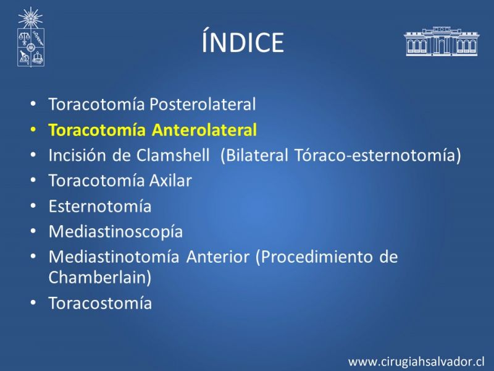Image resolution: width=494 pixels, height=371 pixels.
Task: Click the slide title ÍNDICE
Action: pos(243,41)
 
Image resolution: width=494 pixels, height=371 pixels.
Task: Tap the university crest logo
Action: pos(30,37)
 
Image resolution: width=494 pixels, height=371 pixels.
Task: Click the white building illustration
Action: pos(442,41)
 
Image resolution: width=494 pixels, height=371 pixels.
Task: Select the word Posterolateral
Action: pos(203,104)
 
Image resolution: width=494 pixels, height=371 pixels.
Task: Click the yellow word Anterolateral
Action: pos(204,130)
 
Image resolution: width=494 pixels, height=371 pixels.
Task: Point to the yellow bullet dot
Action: pos(33,130)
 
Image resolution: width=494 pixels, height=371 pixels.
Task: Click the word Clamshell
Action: pos(173,155)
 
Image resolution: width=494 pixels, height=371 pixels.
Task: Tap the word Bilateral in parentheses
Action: pos(254,155)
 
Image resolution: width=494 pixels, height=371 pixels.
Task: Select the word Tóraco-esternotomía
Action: pos(378,155)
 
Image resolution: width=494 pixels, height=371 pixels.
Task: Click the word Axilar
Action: pos(170,181)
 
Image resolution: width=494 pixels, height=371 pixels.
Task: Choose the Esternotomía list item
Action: pos(100,207)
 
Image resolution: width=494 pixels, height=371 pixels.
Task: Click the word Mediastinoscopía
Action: pos(115,232)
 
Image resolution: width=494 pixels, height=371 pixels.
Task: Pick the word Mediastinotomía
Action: pos(114,257)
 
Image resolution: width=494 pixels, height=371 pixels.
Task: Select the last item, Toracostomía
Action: pos(100,303)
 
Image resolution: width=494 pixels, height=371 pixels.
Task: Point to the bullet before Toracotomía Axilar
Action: pos(33,181)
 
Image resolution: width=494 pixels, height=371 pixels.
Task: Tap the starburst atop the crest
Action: pos(30,18)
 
